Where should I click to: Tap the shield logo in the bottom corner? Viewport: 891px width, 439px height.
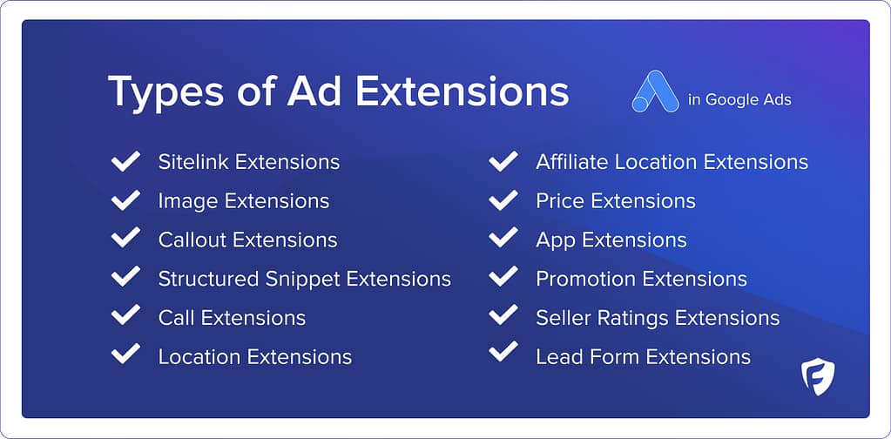(818, 376)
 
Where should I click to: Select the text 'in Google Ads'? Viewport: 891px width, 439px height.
(739, 99)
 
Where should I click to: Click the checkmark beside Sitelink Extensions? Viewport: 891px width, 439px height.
(126, 161)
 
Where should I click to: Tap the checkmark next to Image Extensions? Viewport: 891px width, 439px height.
(126, 200)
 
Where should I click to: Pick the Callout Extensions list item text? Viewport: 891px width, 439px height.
(247, 240)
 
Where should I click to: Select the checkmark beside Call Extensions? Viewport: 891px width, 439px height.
(126, 317)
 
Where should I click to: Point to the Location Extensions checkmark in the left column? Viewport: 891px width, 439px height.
(126, 355)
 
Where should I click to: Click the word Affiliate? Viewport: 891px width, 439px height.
(572, 162)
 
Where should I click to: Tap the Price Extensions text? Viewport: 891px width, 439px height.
(615, 201)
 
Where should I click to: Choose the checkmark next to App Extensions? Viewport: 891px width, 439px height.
(503, 239)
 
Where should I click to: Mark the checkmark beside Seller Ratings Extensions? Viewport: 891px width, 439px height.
(503, 317)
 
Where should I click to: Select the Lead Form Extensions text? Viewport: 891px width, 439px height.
(643, 356)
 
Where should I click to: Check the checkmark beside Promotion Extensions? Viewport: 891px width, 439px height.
(503, 278)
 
